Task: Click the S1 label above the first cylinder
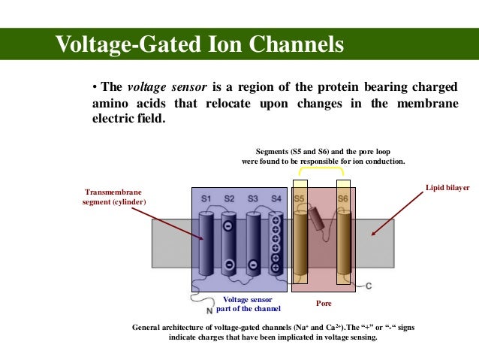click(206, 198)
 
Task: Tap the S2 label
click(230, 198)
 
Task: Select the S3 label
click(253, 198)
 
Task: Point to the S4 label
click(276, 198)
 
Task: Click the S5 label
click(299, 198)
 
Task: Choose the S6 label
click(342, 198)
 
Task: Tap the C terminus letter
click(368, 286)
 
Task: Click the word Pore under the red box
click(322, 304)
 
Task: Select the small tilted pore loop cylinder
click(321, 219)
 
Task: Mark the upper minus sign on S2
click(228, 225)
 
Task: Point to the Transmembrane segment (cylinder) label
click(115, 197)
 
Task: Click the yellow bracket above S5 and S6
click(321, 170)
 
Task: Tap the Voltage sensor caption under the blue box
click(248, 304)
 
